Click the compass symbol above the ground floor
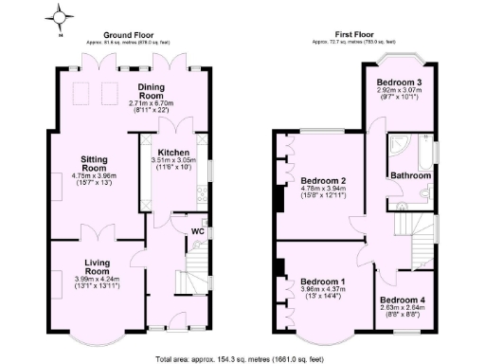[61, 17]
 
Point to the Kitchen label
[173, 152]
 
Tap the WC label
[199, 230]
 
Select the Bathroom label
[412, 175]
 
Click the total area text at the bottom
[242, 358]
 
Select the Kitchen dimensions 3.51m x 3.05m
[173, 162]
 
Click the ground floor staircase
[196, 260]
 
